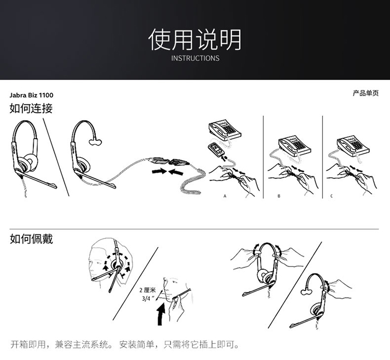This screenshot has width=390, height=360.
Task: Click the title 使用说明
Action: tap(195, 39)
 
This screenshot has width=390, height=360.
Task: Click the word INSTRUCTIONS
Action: tap(195, 58)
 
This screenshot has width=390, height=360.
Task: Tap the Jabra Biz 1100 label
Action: tap(31, 95)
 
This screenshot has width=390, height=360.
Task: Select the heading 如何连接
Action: tap(31, 109)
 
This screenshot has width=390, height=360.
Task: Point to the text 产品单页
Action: tap(366, 93)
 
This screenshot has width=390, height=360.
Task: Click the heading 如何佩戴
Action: tap(31, 239)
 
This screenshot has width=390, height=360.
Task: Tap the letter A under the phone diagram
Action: tap(225, 196)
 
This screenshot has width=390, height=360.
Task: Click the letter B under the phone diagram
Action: tap(279, 196)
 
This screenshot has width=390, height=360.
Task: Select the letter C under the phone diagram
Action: tap(331, 196)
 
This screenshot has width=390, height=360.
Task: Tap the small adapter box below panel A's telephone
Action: tap(215, 149)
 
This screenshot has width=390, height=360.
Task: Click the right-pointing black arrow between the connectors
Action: tap(160, 171)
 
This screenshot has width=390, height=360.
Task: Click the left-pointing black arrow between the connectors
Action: tap(176, 171)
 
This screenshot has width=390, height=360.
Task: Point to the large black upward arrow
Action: tap(161, 314)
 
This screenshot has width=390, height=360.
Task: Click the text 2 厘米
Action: tap(147, 290)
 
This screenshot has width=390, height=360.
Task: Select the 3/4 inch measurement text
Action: tap(148, 298)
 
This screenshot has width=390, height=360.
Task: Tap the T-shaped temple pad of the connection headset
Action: tap(95, 142)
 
